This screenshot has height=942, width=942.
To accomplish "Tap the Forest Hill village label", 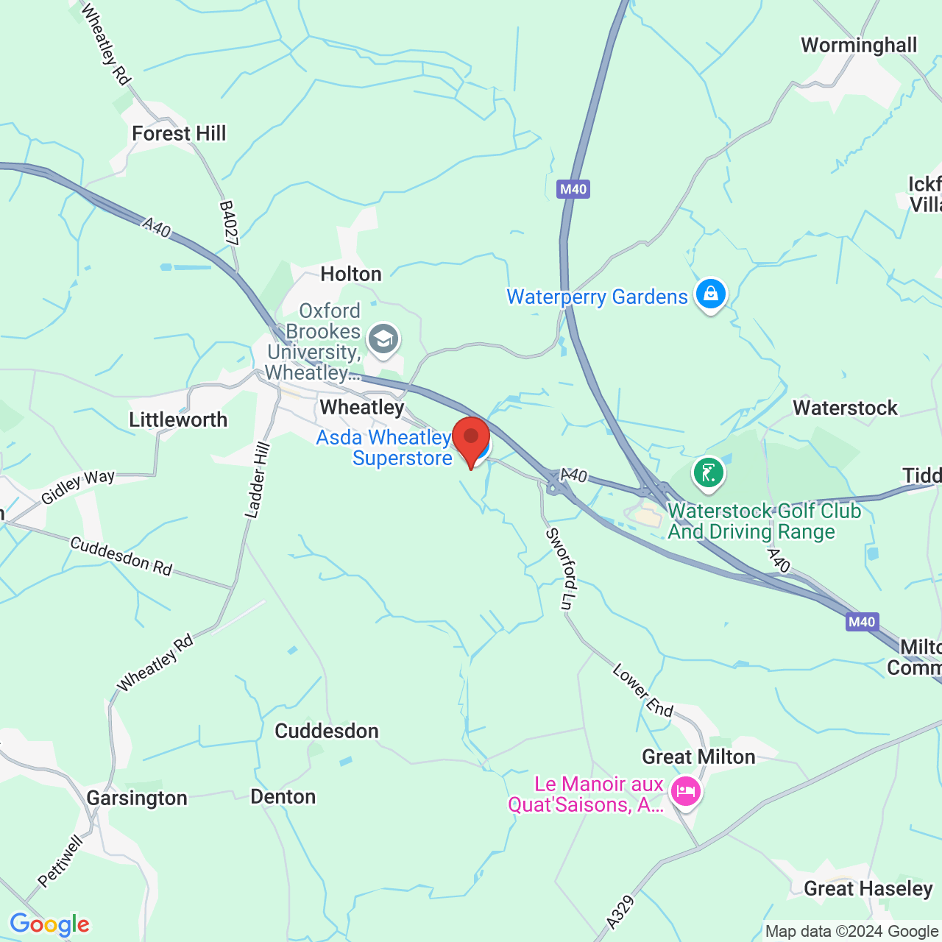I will (x=179, y=133).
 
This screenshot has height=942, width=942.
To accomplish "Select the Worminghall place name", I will (x=859, y=46).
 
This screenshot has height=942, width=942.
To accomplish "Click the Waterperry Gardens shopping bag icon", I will (x=710, y=294).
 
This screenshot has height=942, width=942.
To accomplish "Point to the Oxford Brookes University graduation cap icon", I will (x=383, y=339).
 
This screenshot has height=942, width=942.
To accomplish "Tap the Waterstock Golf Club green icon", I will (x=709, y=472).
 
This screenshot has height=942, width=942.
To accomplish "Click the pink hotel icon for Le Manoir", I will (x=685, y=793).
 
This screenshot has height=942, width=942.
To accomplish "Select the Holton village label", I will (x=351, y=275).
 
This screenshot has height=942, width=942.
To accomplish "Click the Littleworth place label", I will (x=178, y=419).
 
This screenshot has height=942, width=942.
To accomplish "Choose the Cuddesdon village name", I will (x=327, y=731).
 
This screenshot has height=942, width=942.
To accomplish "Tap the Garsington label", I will (x=137, y=798).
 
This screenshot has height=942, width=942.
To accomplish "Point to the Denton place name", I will (x=283, y=797).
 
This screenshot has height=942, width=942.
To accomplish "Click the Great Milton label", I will (x=698, y=757).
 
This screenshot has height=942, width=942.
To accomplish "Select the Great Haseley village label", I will (x=868, y=889).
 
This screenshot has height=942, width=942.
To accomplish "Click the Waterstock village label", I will (x=845, y=408).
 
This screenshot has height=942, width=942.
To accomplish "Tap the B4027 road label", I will (x=229, y=223).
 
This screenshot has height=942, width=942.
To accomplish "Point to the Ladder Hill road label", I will (x=257, y=481).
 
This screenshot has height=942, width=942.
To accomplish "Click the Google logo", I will (x=49, y=924).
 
